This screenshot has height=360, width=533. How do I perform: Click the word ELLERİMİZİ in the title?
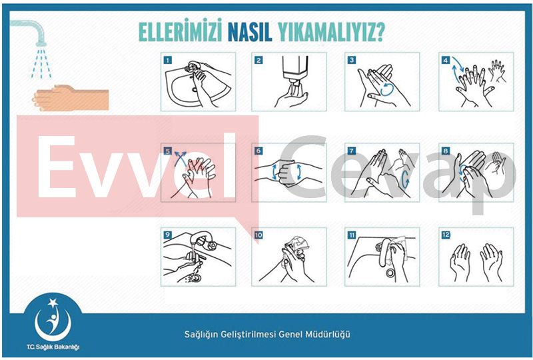pos(180,31)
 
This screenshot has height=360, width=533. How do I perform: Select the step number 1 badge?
pos(168,60)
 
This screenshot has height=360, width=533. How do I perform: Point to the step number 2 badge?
pos(259,60)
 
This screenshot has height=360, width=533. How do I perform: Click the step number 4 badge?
pos(446,60)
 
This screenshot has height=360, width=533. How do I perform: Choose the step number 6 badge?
pos(259,151)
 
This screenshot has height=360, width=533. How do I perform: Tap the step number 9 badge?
pos(168,235)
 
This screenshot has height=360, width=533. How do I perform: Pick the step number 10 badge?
pos(259,235)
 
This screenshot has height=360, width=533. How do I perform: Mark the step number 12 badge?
pos(446,235)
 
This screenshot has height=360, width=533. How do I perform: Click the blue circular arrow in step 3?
pos(387,89)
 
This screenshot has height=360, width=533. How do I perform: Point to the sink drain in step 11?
pos(390,272)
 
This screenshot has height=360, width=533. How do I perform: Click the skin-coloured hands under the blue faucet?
pos(71,97)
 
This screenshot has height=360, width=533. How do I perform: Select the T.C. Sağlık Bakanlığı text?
pos(53,347)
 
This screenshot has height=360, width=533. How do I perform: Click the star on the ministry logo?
pos(53,303)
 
